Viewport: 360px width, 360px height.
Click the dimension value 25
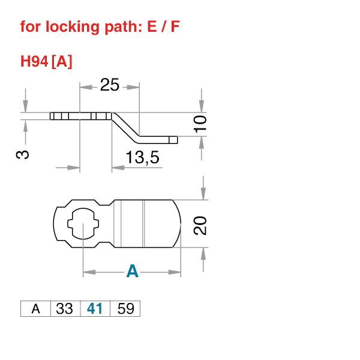click(109, 86)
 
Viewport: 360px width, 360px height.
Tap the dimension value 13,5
click(142, 158)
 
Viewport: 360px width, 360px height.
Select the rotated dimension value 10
click(200, 124)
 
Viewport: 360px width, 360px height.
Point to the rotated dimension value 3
click(22, 154)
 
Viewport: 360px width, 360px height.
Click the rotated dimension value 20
click(200, 226)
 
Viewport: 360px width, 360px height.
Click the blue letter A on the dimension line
click(133, 272)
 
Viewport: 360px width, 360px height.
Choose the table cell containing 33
click(65, 309)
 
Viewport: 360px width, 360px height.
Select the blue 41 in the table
click(95, 309)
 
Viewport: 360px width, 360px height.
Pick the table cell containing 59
click(125, 309)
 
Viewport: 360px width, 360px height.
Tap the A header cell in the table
click(35, 309)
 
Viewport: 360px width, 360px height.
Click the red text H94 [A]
click(46, 61)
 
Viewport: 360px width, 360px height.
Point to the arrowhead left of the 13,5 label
click(118, 167)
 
